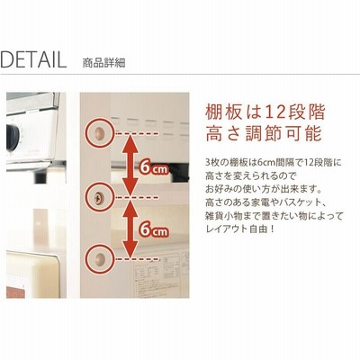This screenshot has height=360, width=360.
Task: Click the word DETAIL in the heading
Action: pos(33,59)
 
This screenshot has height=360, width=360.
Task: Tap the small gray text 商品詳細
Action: pos(103,63)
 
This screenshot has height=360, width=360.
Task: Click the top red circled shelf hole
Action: pos(99,133)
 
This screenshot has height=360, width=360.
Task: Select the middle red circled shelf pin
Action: pos(99,197)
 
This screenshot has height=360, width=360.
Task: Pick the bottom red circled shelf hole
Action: pos(99,258)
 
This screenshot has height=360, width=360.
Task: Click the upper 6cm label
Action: pos(153,167)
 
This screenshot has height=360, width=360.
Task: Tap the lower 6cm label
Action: pos(153,229)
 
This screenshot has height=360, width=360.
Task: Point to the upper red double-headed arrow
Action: pos(130,165)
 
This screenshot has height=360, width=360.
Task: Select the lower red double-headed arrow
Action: pos(130,229)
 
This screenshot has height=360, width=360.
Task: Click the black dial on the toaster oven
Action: pos(13,138)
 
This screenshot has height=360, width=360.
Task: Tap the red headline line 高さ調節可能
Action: pos(264,133)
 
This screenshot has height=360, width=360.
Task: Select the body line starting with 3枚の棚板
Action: pos(274,163)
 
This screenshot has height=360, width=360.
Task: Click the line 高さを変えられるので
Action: pos(250,176)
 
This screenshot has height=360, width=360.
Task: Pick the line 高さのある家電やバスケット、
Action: pos(265,202)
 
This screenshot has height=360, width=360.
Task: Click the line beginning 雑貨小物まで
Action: pos(274,216)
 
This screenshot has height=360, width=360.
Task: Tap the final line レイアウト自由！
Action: pos(240,229)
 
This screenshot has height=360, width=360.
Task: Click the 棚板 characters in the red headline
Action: pos(224,112)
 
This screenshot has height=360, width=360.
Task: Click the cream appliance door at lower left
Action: pos(32,274)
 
